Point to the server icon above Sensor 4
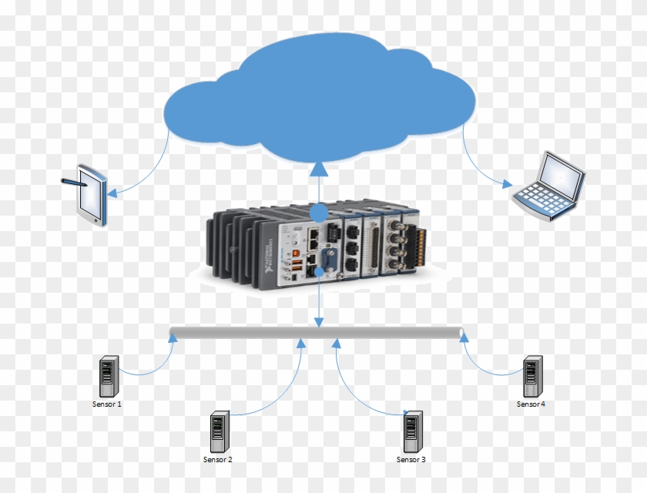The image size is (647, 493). click(x=531, y=376)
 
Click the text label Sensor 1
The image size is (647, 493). click(x=106, y=404)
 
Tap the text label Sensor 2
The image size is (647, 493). click(x=217, y=460)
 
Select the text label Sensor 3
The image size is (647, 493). click(x=411, y=460)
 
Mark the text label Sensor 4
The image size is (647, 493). click(x=531, y=404)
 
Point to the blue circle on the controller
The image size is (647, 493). click(x=319, y=213)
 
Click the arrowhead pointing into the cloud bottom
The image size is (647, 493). click(x=320, y=169)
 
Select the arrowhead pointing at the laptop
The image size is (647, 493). click(x=505, y=184)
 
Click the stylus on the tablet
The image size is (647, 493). click(x=73, y=183)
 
